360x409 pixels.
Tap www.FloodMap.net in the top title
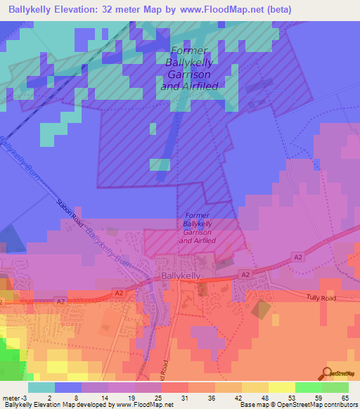click(x=219, y=10)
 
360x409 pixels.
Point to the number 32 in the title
click(x=105, y=10)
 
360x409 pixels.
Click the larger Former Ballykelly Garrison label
click(x=189, y=68)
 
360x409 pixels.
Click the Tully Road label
click(x=323, y=298)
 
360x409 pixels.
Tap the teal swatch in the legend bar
click(x=41, y=387)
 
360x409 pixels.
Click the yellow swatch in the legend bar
click(x=281, y=387)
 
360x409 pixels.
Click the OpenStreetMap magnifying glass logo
click(x=327, y=374)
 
